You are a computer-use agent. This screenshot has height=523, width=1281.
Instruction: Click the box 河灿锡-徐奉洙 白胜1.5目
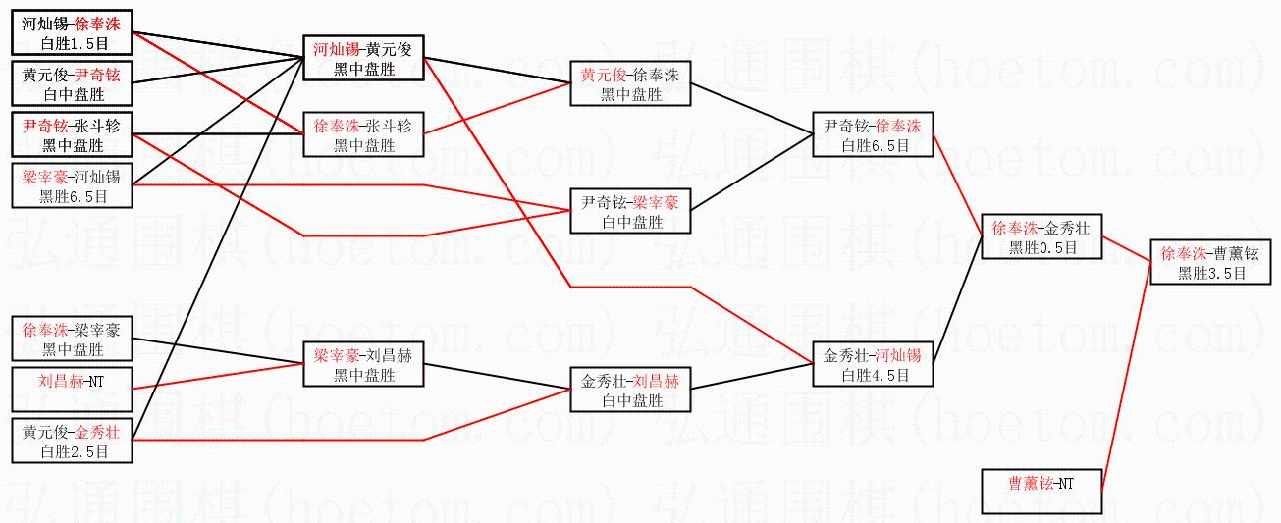72,32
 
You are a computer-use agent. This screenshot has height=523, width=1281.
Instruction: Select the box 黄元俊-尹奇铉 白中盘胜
72,83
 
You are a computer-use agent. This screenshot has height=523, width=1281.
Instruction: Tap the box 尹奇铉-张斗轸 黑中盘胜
72,134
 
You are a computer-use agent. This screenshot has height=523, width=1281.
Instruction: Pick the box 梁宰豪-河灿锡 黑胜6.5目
72,185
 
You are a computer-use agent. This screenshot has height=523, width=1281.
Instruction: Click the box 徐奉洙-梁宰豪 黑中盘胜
72,338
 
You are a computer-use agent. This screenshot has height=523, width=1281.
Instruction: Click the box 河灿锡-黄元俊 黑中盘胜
364,58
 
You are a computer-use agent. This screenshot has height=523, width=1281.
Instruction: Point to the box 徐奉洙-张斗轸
364,134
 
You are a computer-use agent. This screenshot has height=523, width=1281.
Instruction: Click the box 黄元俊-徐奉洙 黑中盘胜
630,83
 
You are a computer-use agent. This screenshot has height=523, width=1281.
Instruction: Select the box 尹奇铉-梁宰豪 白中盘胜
630,211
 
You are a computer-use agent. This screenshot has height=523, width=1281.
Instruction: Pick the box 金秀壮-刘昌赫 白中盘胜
630,389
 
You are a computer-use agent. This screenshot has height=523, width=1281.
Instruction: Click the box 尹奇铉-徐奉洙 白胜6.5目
873,134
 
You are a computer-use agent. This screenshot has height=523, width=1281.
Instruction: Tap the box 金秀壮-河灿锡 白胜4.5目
873,363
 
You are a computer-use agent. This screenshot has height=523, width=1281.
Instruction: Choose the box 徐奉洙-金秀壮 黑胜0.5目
1041,236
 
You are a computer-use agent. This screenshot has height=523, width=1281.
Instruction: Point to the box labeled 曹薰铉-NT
1041,491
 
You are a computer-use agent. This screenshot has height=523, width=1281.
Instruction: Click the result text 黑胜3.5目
1211,274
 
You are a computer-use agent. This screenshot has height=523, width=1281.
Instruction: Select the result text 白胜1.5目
73,44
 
